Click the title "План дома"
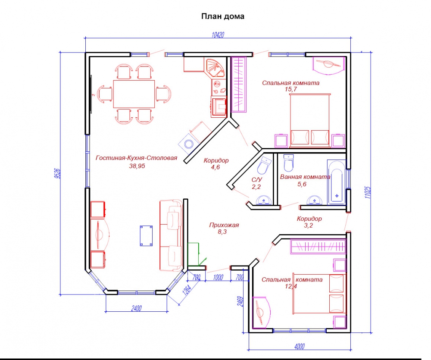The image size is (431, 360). (223, 16)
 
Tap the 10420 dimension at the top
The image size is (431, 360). (218, 35)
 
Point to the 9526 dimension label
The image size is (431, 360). (57, 174)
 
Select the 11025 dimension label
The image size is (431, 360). (369, 193)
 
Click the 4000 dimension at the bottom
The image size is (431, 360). (300, 347)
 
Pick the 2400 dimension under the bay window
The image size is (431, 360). (136, 308)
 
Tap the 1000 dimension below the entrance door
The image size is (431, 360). (218, 277)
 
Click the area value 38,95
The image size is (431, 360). (137, 166)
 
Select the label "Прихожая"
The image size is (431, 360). (224, 225)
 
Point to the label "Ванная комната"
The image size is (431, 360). (305, 177)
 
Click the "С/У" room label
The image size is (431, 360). (257, 180)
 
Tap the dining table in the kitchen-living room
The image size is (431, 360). (134, 94)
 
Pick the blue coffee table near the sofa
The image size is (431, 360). (146, 235)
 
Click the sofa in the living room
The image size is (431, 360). (171, 235)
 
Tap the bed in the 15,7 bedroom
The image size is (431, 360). (310, 119)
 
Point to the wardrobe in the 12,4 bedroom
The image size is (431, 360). (318, 246)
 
